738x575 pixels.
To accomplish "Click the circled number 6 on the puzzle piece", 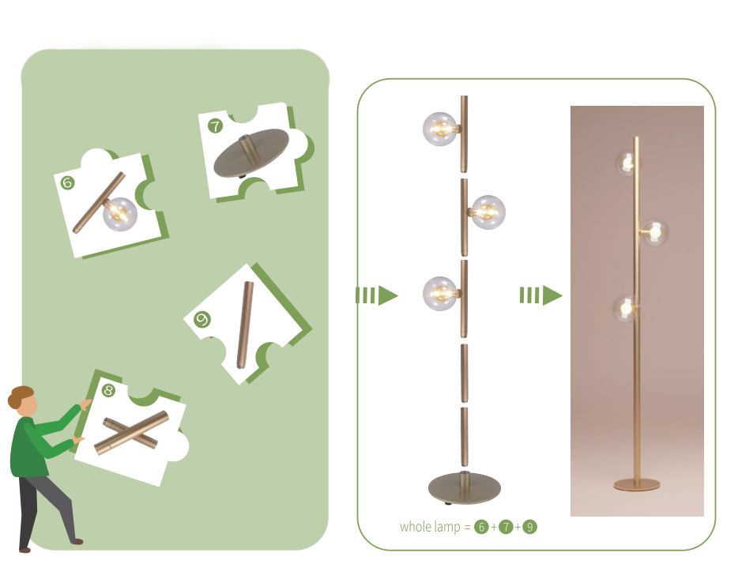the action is (x=67, y=182).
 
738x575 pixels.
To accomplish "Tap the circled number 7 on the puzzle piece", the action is (x=215, y=126).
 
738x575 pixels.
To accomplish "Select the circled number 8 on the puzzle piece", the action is (x=109, y=390).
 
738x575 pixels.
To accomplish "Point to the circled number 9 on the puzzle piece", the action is (x=202, y=320).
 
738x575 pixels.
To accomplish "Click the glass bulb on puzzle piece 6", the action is (x=120, y=214).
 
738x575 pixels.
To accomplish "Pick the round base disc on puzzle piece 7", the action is (x=251, y=152).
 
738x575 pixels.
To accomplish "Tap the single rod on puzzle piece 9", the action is (x=245, y=325).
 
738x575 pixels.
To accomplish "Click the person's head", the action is (x=22, y=400).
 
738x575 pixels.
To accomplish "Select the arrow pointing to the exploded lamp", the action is (x=377, y=295).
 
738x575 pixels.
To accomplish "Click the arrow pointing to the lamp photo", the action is (x=540, y=295).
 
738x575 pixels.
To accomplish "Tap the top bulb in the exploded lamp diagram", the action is (x=440, y=129).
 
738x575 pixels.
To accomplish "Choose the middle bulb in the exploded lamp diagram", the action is (x=488, y=212).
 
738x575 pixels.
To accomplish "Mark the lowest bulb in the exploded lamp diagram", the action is (x=440, y=294).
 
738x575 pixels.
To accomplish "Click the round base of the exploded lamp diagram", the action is (x=464, y=488).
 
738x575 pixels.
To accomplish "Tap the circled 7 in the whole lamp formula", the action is (x=506, y=527).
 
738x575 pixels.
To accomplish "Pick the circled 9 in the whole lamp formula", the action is (x=529, y=527).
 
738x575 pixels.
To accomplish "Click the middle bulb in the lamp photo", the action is (x=655, y=232).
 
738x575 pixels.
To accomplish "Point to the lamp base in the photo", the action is (x=637, y=484).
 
